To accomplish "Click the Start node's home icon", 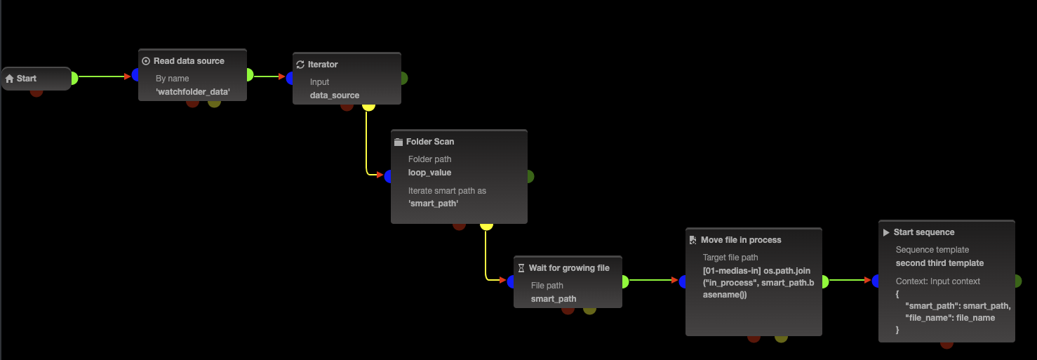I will click(x=10, y=79).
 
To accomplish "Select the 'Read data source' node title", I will click(x=189, y=61).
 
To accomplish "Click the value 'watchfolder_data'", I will click(x=193, y=92).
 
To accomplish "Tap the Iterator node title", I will click(x=323, y=65).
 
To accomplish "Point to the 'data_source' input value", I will click(x=335, y=95).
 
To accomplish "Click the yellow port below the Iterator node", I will click(x=368, y=106).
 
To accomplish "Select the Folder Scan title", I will click(x=430, y=142).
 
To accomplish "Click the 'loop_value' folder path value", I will click(x=429, y=173).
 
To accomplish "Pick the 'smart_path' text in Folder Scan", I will click(x=433, y=204).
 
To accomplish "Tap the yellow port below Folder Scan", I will click(x=486, y=225).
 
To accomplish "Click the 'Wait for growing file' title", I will click(x=569, y=268).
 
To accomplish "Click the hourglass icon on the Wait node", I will click(x=521, y=268).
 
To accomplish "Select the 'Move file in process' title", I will click(x=741, y=240).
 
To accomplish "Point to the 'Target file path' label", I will click(x=730, y=258).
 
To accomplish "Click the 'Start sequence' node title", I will click(x=924, y=232).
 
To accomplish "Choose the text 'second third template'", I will click(x=939, y=263).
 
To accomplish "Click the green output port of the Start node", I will click(x=73, y=78).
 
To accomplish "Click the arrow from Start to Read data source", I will click(x=105, y=76).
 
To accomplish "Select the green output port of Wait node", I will click(x=624, y=281).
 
